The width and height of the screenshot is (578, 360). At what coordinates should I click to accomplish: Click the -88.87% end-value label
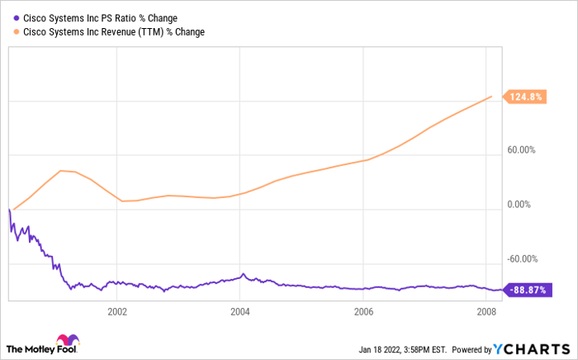click(x=528, y=290)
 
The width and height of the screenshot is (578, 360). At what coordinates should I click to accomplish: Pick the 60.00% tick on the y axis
click(x=521, y=150)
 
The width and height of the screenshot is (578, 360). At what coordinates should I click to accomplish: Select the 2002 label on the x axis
click(x=117, y=312)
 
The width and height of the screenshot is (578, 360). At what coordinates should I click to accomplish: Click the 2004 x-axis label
click(x=240, y=312)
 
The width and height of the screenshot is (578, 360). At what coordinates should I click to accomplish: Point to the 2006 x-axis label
click(x=363, y=312)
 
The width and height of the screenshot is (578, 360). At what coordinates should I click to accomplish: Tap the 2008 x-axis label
click(x=486, y=312)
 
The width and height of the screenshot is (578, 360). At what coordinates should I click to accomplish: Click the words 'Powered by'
click(x=470, y=348)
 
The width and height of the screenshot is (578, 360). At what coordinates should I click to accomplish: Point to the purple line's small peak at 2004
click(x=243, y=274)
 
